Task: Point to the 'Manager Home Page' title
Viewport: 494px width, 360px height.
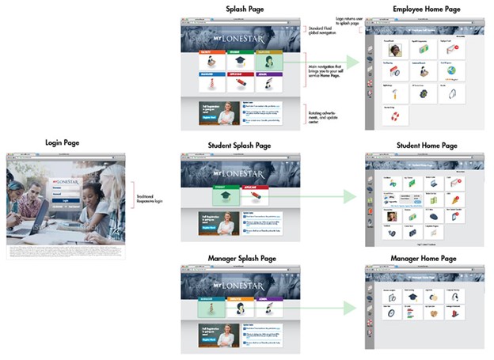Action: [x=424, y=259]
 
